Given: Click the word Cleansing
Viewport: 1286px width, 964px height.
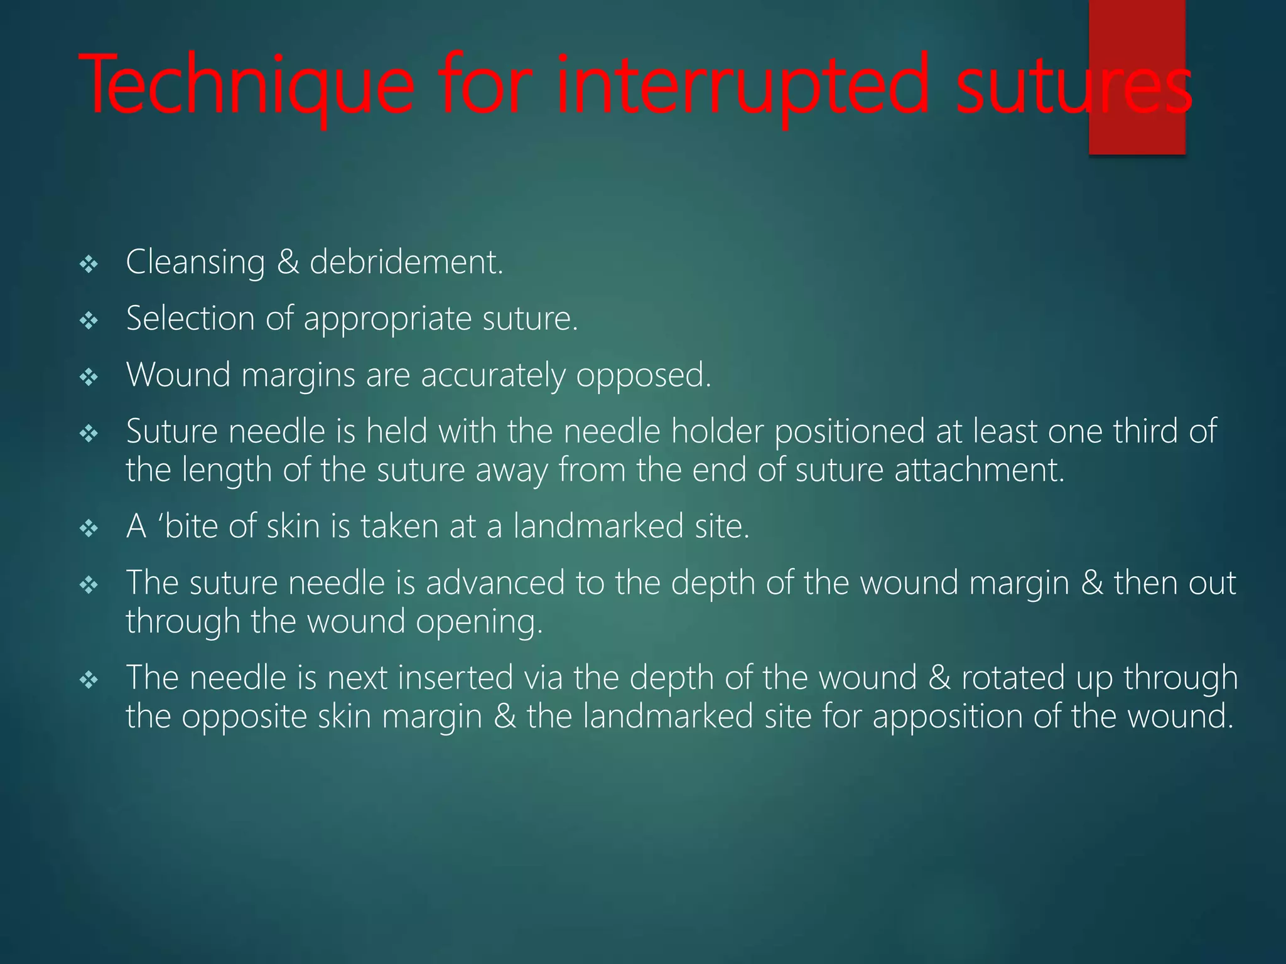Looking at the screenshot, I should click(x=195, y=262).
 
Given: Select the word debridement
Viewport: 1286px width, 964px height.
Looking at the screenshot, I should click(x=406, y=262).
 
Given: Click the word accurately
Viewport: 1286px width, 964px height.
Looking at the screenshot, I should click(x=493, y=376).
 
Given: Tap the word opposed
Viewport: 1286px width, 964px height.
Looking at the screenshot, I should click(x=644, y=376).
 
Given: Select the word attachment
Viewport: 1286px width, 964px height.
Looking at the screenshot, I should click(x=980, y=470).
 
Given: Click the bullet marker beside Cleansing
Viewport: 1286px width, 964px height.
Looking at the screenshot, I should click(x=89, y=265).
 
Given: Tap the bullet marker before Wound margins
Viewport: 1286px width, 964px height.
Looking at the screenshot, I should click(x=89, y=378).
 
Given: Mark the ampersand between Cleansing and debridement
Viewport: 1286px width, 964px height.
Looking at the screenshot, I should click(x=288, y=262).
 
